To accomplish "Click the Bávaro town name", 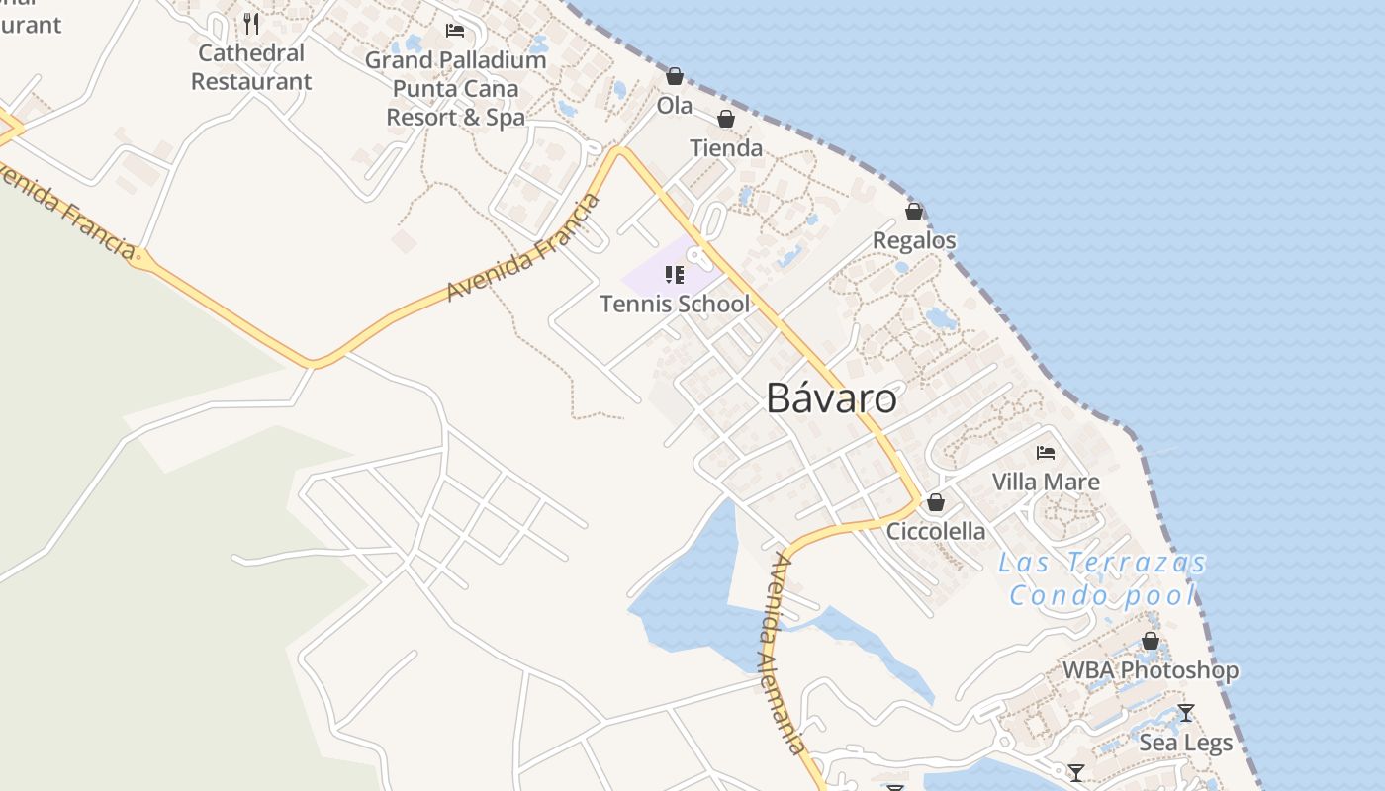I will [831, 398].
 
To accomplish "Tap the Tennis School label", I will [675, 304].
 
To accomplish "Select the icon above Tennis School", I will [675, 274].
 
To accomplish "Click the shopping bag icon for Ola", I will [675, 76].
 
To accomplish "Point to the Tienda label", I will [726, 148].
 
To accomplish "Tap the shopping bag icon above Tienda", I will [726, 120].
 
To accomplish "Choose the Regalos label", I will [914, 240].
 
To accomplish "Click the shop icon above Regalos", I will [914, 212].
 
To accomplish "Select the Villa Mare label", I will [1046, 482].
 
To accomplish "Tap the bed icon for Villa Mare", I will [1046, 453].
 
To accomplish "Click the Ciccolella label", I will [936, 531].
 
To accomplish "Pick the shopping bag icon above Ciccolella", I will [936, 502].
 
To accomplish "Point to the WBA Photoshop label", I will [1151, 670].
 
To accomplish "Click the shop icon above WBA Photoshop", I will [1151, 641].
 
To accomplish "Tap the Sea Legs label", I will [1186, 743].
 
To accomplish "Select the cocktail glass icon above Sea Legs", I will [1186, 713].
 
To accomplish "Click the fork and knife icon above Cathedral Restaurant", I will [251, 23].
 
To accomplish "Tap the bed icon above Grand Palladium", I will [455, 30].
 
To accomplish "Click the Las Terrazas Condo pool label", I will [1103, 579].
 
